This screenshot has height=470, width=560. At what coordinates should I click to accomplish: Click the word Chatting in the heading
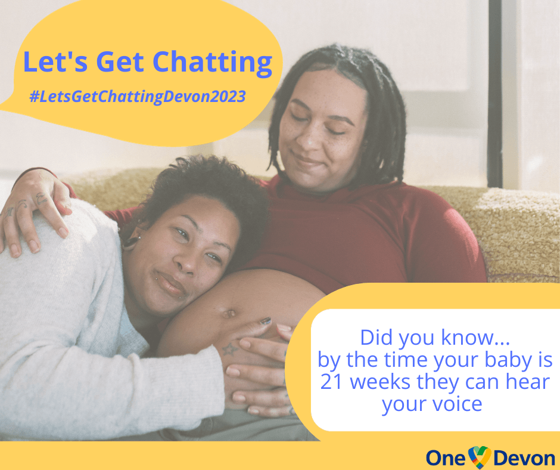tap(213, 63)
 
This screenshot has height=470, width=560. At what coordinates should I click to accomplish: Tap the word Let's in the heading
tap(55, 61)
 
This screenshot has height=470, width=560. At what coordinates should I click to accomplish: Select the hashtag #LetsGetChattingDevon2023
tap(138, 97)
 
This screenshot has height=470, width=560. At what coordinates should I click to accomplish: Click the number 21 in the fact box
tap(331, 382)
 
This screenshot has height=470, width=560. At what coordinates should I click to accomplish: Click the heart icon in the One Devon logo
tap(480, 457)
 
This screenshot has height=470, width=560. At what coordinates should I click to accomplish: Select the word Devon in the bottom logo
tap(524, 458)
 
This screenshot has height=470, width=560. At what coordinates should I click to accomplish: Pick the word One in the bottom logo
tap(446, 458)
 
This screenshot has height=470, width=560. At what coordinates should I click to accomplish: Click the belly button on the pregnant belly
tap(229, 314)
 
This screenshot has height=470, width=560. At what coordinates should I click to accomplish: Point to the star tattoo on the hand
tap(229, 349)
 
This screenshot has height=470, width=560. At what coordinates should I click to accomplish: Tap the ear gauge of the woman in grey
tap(130, 243)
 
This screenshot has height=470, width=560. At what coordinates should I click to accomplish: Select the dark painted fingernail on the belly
tap(265, 321)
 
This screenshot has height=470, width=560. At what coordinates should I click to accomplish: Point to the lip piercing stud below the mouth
tap(181, 297)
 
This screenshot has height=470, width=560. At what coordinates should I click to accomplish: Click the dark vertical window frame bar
tap(495, 94)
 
